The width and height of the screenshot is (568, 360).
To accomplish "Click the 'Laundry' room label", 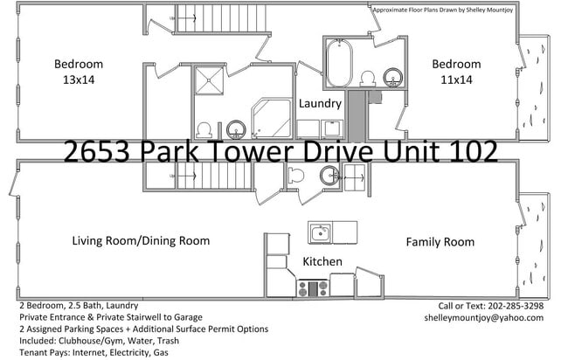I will coord(320,104).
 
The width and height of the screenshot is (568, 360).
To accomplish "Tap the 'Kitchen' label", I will coord(322,262).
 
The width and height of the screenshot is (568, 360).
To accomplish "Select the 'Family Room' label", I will coord(440,241).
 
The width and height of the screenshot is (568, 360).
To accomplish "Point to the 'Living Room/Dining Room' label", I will coord(141,241).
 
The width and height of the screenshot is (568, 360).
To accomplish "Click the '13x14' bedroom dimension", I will coord(79,79).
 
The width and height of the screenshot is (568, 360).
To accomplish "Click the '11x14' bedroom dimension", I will coord(456,79).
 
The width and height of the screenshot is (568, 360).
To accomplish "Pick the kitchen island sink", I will coord(321,232).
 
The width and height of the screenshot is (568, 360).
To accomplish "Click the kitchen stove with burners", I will coord(312,287).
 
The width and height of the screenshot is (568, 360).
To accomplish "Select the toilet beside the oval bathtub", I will coord(367,78).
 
